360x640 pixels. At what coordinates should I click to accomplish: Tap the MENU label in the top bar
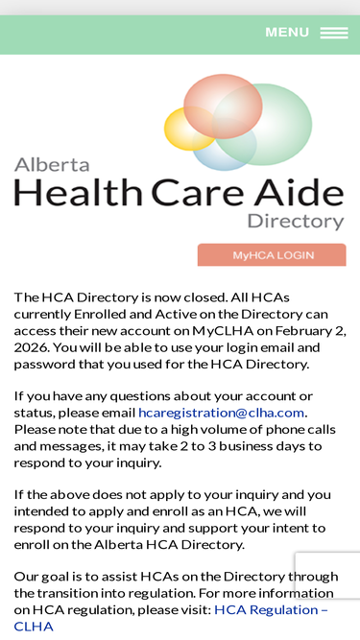click(x=287, y=33)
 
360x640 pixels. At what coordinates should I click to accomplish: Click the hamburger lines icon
click(x=334, y=33)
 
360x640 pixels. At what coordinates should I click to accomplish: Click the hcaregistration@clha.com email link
click(x=221, y=413)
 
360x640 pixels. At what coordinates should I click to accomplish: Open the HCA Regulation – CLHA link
click(x=270, y=609)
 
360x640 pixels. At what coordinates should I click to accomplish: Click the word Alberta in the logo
click(x=52, y=164)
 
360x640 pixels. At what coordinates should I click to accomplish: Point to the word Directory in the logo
click(x=295, y=222)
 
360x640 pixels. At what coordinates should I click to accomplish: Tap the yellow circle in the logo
click(x=188, y=128)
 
